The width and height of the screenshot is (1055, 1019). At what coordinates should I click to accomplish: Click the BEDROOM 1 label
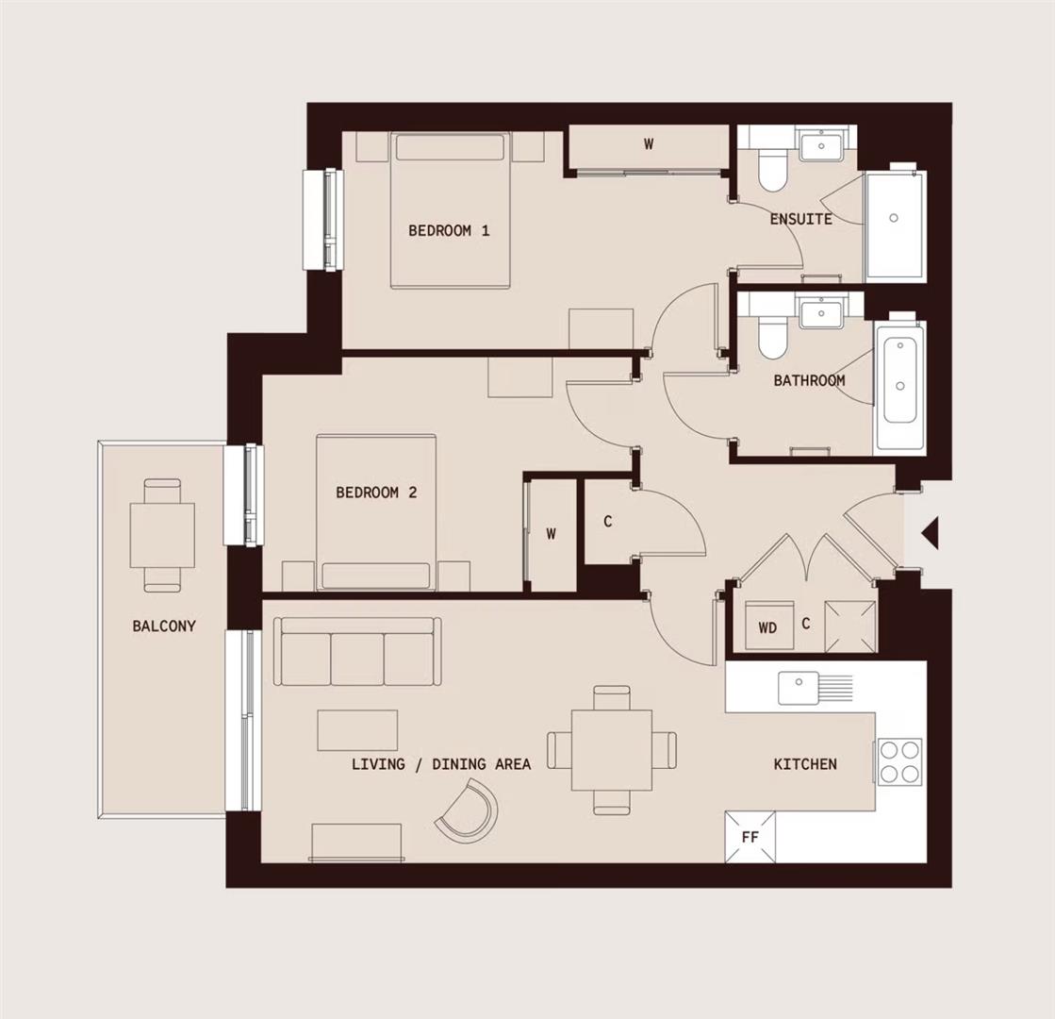[449, 230]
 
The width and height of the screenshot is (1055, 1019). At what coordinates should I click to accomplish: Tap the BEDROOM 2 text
[376, 493]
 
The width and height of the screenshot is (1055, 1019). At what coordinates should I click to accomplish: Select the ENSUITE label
[800, 219]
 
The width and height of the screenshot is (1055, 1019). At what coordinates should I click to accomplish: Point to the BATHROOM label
[809, 381]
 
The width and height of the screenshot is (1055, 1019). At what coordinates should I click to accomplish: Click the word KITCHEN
[805, 764]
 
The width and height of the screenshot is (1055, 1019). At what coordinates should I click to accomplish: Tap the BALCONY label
[164, 626]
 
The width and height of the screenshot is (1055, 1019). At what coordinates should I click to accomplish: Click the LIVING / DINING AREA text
[441, 764]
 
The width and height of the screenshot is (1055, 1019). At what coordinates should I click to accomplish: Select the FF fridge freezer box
[750, 836]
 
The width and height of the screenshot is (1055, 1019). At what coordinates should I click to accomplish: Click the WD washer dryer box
[768, 626]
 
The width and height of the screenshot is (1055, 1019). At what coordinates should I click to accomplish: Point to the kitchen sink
[799, 687]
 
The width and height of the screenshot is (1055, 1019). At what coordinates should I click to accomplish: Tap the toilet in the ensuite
[772, 169]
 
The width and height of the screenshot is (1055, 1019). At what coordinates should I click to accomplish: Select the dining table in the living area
[611, 751]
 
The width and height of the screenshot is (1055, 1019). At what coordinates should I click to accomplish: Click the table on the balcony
[162, 535]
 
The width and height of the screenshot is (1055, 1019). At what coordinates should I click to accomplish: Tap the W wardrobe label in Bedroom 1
[649, 144]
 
